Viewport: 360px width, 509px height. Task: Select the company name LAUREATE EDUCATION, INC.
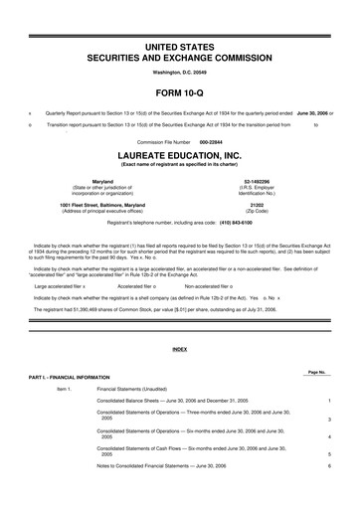pyautogui.click(x=180, y=156)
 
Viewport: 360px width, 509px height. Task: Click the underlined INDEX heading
pyautogui.click(x=180, y=350)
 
